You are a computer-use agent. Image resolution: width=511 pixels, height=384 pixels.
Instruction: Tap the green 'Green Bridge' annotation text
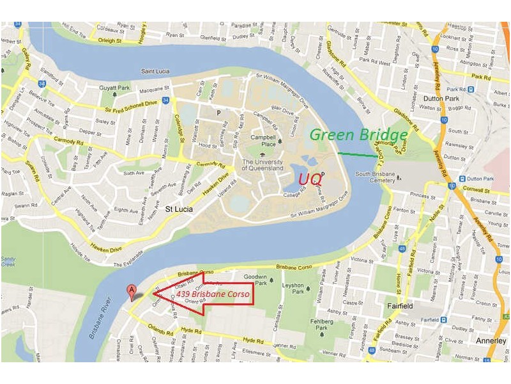coord(358,135)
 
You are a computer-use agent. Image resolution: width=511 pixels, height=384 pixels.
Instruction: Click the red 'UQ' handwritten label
coord(310,179)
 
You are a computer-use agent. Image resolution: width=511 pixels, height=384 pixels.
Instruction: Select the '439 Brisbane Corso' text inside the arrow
coord(214,294)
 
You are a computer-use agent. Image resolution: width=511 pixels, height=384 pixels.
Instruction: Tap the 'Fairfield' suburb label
coord(400,307)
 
